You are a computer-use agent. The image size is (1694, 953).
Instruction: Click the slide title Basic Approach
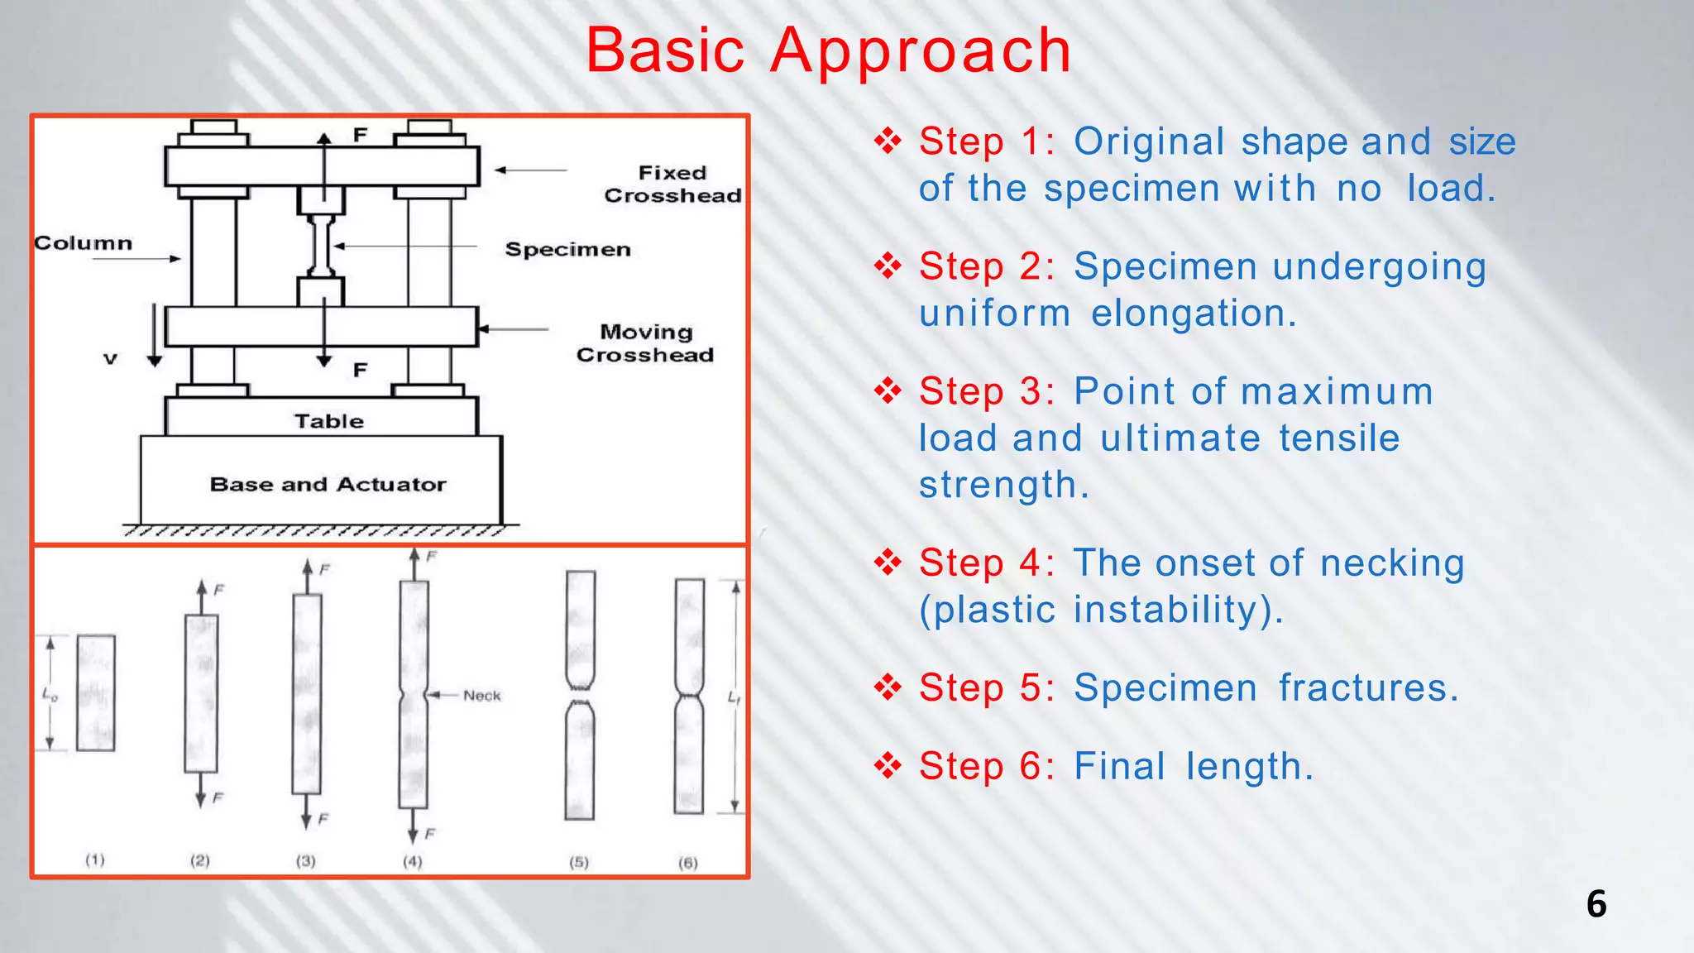(x=828, y=51)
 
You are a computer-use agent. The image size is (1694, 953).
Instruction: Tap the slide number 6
(x=1596, y=903)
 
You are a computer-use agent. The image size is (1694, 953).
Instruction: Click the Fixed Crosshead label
(x=672, y=184)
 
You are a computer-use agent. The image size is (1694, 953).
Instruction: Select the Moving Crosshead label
(x=645, y=343)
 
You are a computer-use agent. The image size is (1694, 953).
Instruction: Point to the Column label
(x=83, y=243)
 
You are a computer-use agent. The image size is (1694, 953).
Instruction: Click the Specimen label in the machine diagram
(x=567, y=250)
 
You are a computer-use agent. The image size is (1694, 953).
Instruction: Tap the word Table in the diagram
(x=329, y=421)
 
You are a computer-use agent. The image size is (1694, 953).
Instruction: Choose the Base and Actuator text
(x=328, y=485)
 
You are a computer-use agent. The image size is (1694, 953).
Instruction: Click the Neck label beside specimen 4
(x=481, y=696)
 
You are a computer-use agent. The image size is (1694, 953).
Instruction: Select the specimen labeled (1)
(x=96, y=693)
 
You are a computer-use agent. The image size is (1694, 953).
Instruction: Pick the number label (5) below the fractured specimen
(x=579, y=862)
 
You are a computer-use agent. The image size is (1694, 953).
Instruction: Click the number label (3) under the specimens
(x=306, y=861)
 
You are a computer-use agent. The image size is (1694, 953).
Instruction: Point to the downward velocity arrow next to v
(x=155, y=335)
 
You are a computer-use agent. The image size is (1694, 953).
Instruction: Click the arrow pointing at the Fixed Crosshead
(x=529, y=170)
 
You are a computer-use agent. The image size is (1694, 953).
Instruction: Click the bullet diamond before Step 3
(x=888, y=390)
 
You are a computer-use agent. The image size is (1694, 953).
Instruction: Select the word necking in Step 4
(x=1392, y=564)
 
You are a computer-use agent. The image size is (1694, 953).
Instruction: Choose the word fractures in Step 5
(x=1368, y=688)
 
